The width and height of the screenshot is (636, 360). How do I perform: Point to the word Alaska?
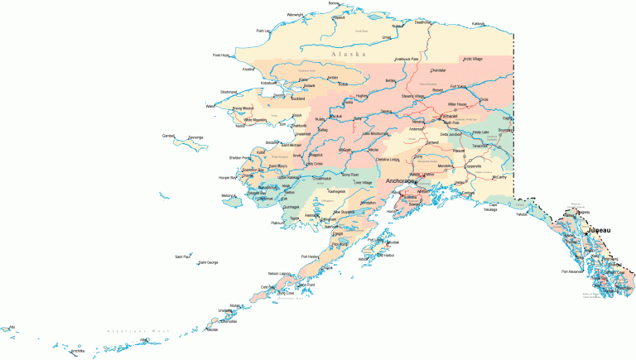349,55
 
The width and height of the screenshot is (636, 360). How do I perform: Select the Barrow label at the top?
334,3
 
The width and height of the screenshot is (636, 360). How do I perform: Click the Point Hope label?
221,55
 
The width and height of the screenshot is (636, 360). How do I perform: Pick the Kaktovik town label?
478,23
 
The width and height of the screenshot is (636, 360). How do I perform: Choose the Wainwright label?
295,14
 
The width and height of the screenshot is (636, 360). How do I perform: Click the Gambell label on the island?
169,135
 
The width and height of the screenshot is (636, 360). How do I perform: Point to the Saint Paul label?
182,257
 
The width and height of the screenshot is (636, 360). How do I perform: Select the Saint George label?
208,262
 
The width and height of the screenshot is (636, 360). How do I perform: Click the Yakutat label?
521,214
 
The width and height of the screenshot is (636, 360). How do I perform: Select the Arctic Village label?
473,59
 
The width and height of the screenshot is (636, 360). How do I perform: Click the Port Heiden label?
310,257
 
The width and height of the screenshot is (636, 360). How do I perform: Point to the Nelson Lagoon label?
280,273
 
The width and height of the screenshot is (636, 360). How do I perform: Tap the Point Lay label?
263,31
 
